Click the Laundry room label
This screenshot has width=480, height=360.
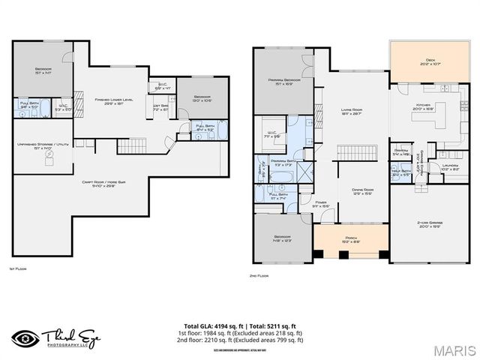click(x=450, y=167)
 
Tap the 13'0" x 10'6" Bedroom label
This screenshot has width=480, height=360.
click(x=202, y=98)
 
